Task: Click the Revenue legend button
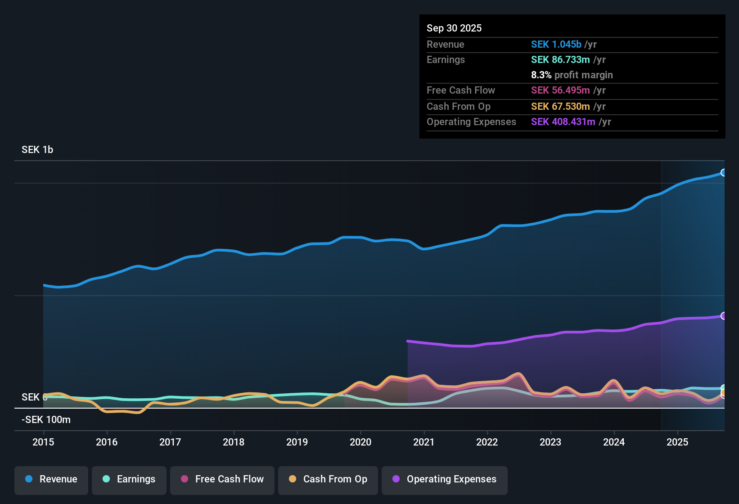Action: [x=51, y=479]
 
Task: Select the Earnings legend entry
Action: [x=129, y=479]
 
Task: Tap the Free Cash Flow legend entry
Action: [x=222, y=479]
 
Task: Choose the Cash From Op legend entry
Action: [x=328, y=479]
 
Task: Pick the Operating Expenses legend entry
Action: [x=445, y=479]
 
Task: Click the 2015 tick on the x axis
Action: [x=43, y=442]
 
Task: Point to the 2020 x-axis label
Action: [x=360, y=442]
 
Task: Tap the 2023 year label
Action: [x=550, y=442]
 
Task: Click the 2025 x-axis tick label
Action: [x=677, y=442]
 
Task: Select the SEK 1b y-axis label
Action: [x=37, y=150]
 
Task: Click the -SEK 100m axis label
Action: [x=46, y=420]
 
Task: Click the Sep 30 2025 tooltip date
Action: [x=454, y=28]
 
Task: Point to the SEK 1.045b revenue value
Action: [x=556, y=45]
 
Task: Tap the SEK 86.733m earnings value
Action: [x=560, y=60]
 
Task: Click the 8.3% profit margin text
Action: [x=572, y=75]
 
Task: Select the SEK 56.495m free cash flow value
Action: [x=560, y=90]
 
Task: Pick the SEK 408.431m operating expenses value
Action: [x=563, y=122]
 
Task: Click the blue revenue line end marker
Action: [x=723, y=172]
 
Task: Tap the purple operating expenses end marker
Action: [x=723, y=316]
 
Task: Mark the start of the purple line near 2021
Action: [x=408, y=341]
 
